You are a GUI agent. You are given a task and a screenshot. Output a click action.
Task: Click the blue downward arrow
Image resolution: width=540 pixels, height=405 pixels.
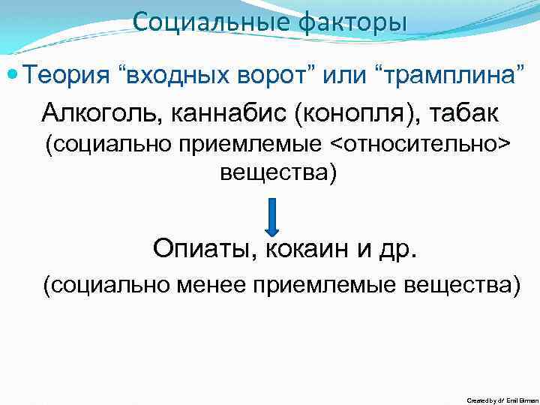(272, 217)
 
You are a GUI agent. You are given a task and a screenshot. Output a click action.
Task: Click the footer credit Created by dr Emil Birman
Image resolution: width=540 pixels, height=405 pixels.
(501, 400)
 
